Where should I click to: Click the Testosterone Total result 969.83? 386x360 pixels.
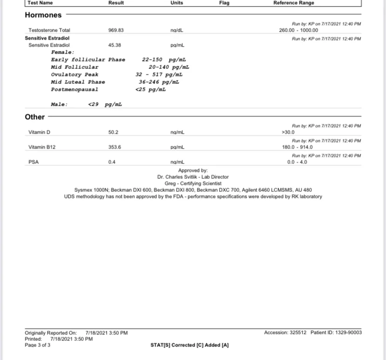pyautogui.click(x=116, y=30)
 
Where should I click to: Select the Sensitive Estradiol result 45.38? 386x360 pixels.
pyautogui.click(x=114, y=45)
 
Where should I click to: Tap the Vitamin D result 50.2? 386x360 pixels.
pyautogui.click(x=113, y=132)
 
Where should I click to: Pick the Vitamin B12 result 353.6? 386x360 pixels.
pyautogui.click(x=115, y=147)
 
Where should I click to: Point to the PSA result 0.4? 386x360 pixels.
pyautogui.click(x=112, y=162)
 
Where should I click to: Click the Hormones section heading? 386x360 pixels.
pyautogui.click(x=43, y=15)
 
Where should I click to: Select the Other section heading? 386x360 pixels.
pyautogui.click(x=35, y=117)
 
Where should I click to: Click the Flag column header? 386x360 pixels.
pyautogui.click(x=224, y=3)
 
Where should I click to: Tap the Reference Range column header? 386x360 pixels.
pyautogui.click(x=294, y=3)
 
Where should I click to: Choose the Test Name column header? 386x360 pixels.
pyautogui.click(x=40, y=3)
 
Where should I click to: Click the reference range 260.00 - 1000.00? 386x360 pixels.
pyautogui.click(x=299, y=30)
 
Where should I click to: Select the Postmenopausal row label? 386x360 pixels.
pyautogui.click(x=75, y=89)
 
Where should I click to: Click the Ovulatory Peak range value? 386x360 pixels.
pyautogui.click(x=159, y=75)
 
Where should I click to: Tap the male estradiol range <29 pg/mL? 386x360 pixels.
pyautogui.click(x=105, y=104)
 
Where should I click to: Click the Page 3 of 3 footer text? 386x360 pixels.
pyautogui.click(x=38, y=345)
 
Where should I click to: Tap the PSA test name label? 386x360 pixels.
pyautogui.click(x=34, y=162)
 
